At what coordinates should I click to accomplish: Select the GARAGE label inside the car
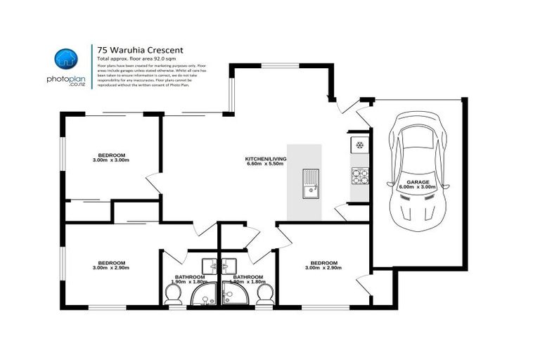[416, 181]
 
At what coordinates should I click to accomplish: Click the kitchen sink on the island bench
[310, 184]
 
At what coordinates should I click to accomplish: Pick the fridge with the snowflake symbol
[359, 146]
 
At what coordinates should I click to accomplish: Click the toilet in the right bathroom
[264, 294]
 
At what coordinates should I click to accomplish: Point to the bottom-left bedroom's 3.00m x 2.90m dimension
[111, 268]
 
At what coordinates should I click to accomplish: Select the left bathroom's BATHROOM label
[189, 276]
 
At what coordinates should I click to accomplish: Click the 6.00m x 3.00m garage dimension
[416, 187]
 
